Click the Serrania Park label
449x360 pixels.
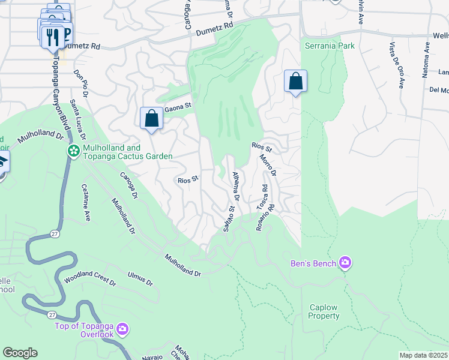click(x=330, y=46)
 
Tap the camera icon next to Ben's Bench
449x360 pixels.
click(x=345, y=263)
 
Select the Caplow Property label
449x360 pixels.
click(x=324, y=312)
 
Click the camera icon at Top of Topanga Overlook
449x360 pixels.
click(x=122, y=328)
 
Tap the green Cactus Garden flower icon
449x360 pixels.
click(x=73, y=151)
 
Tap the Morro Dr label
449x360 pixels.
click(x=267, y=165)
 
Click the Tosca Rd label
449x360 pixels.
click(x=262, y=196)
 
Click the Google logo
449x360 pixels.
click(x=20, y=353)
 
